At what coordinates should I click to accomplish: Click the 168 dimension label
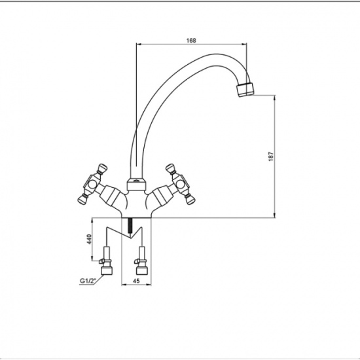(x=191, y=41)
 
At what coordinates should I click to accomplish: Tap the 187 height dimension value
(x=271, y=156)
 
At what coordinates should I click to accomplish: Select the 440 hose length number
(x=89, y=239)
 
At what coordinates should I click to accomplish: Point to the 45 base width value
(x=136, y=281)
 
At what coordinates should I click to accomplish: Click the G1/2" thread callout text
(x=88, y=281)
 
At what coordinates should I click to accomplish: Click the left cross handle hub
(x=92, y=183)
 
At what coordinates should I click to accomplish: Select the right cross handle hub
(x=181, y=183)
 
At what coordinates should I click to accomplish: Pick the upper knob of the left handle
(x=102, y=168)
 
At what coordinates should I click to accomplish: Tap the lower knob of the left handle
(x=82, y=199)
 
